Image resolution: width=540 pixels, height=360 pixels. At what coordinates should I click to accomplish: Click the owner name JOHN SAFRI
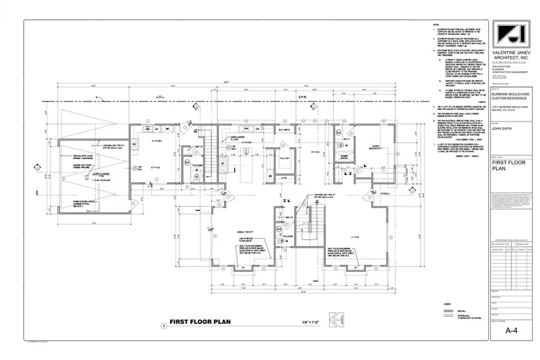(x=503, y=127)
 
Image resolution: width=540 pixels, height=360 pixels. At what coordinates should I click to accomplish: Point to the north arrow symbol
(x=334, y=320)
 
